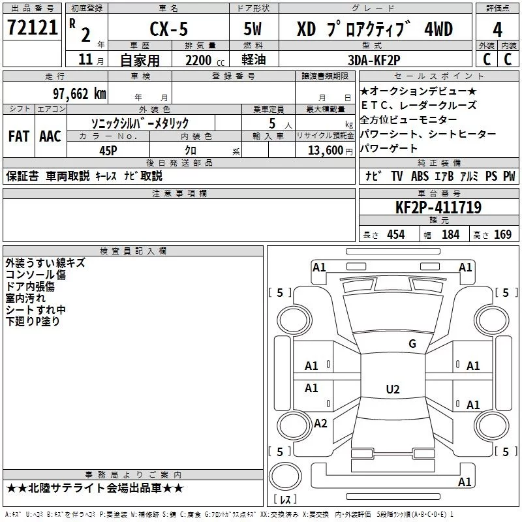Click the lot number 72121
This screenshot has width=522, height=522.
tap(32, 27)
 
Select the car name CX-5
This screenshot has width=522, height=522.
tap(169, 29)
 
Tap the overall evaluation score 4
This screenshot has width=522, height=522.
tap(497, 30)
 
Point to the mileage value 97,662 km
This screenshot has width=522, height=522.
tap(80, 94)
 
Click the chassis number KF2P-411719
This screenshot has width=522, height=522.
tap(438, 207)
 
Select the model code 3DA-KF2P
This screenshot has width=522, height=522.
tap(374, 60)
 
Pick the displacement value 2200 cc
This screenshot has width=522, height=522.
tap(205, 60)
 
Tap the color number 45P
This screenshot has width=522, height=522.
tap(108, 151)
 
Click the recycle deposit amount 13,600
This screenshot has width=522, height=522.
tap(326, 151)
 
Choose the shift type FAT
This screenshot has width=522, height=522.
tap(19, 136)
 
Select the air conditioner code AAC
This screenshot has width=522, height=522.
tap(50, 136)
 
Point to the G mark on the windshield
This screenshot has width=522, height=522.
tap(412, 344)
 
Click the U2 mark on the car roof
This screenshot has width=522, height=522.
tap(393, 389)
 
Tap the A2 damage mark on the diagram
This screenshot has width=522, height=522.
tap(320, 423)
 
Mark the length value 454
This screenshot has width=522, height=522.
tap(396, 234)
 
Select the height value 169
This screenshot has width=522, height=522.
tap(502, 234)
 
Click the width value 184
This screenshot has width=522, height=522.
tap(450, 234)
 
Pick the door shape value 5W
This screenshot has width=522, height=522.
tap(253, 29)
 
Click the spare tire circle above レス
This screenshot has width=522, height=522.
tap(285, 476)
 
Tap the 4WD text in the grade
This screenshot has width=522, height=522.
tap(438, 29)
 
